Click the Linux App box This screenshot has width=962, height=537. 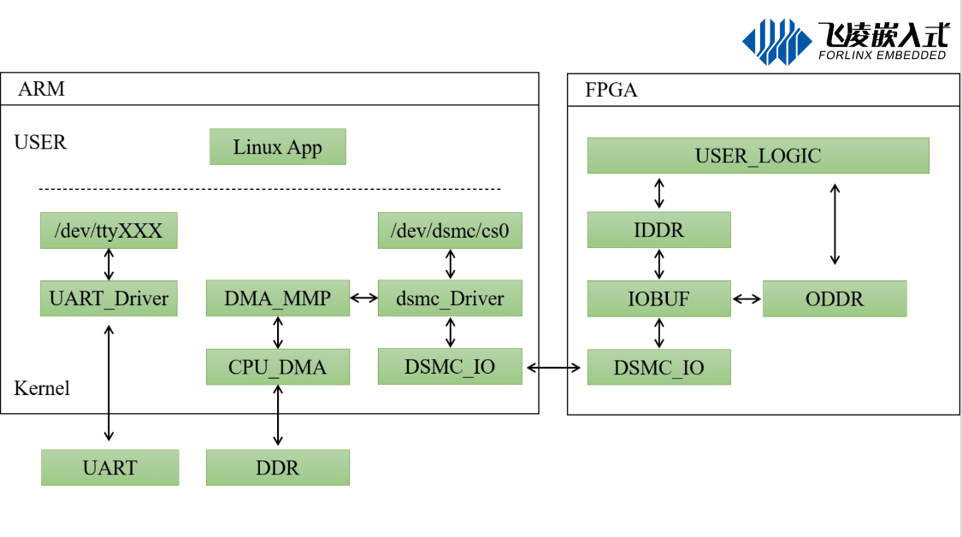pos(278,147)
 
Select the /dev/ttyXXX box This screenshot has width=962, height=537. pos(109,231)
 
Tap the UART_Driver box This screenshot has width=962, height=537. pos(109,298)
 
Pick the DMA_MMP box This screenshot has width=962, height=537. pos(278,298)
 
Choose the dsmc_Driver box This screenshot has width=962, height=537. pos(450,298)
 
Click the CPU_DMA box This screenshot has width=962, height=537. pos(278,367)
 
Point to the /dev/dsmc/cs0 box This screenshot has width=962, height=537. pos(450,231)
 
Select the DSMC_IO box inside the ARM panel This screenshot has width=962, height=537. pos(450,366)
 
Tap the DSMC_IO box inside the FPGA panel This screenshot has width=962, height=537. pos(659,367)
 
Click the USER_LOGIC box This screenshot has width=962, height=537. pos(758,156)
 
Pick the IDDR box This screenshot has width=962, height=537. pos(659,230)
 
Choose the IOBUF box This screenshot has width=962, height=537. pos(659,299)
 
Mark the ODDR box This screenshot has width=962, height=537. pos(835,299)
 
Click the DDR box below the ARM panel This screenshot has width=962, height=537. pos(278,468)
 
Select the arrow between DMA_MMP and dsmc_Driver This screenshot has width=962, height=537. pos(363,298)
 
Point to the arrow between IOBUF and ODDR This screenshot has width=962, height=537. pos(747,299)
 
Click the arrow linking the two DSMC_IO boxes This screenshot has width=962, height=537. pos(553,368)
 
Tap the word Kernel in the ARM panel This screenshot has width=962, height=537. pos(42,388)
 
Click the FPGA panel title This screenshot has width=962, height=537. pos(611,91)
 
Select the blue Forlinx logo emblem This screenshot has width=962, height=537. pos(776,42)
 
